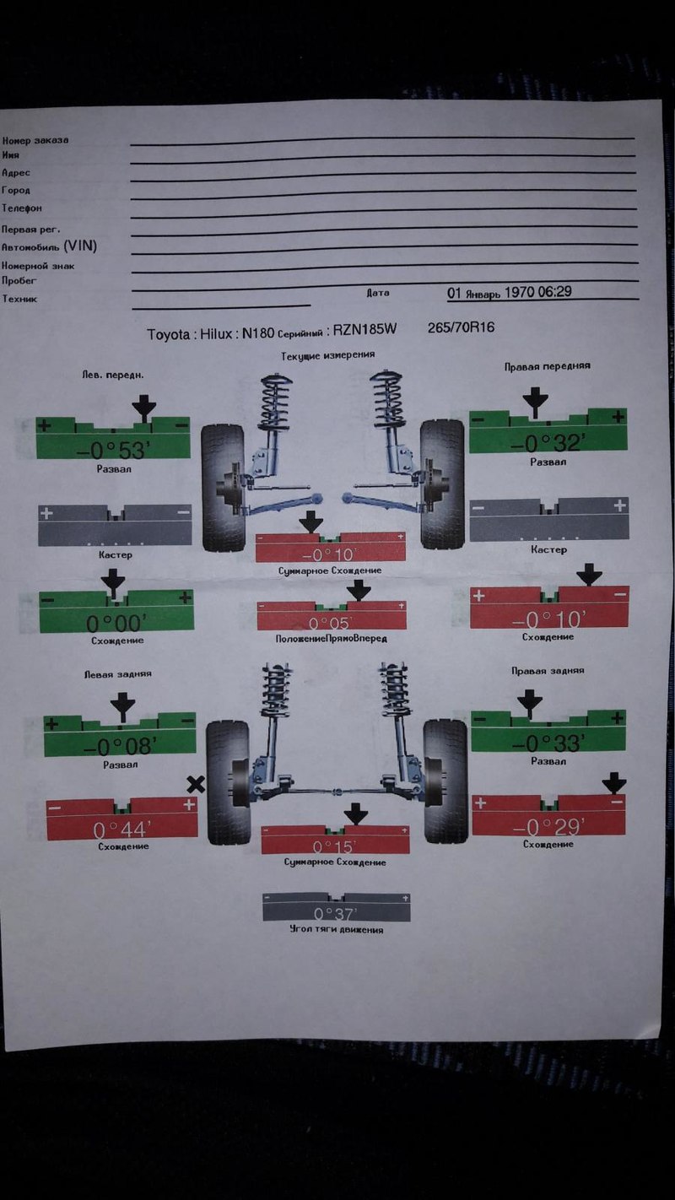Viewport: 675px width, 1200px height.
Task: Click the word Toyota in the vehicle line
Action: click(170, 334)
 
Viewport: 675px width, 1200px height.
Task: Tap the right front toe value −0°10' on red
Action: click(548, 619)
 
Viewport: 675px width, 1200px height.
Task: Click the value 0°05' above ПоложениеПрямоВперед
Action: click(332, 624)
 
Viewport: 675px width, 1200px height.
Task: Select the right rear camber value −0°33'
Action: click(549, 743)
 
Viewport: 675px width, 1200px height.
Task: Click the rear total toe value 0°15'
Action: click(335, 846)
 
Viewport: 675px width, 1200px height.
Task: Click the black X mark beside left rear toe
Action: click(196, 784)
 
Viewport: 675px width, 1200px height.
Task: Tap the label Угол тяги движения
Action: click(335, 930)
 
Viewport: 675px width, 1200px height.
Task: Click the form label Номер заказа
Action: click(35, 140)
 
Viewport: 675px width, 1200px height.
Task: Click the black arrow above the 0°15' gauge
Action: click(356, 814)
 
